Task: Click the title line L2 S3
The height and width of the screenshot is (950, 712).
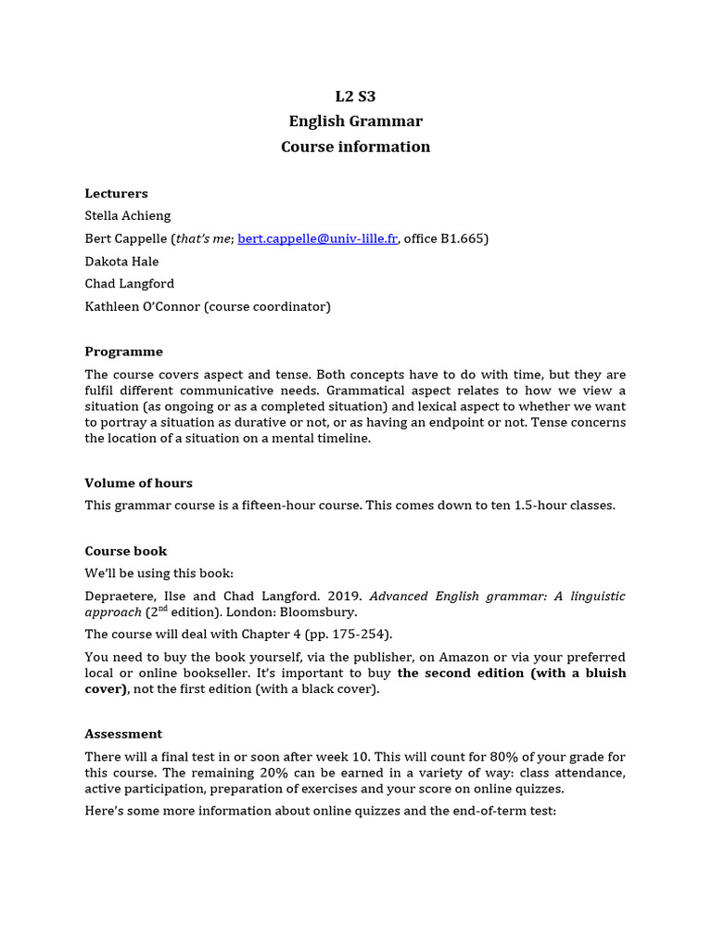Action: (x=355, y=96)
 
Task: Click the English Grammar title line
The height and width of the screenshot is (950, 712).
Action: (x=355, y=122)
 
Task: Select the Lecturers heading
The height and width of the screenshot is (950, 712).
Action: (x=116, y=194)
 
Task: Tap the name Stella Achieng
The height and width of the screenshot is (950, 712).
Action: (x=128, y=216)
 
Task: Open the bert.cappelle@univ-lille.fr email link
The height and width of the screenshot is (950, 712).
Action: (x=318, y=238)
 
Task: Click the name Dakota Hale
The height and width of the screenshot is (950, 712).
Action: (x=121, y=262)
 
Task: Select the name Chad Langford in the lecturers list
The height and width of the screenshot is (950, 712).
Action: (x=129, y=284)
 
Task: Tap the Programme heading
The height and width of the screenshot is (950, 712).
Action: (x=123, y=352)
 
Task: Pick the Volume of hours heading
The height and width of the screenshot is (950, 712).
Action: (x=138, y=483)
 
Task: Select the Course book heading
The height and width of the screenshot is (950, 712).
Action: (x=126, y=551)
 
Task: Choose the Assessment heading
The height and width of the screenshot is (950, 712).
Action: (x=123, y=734)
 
